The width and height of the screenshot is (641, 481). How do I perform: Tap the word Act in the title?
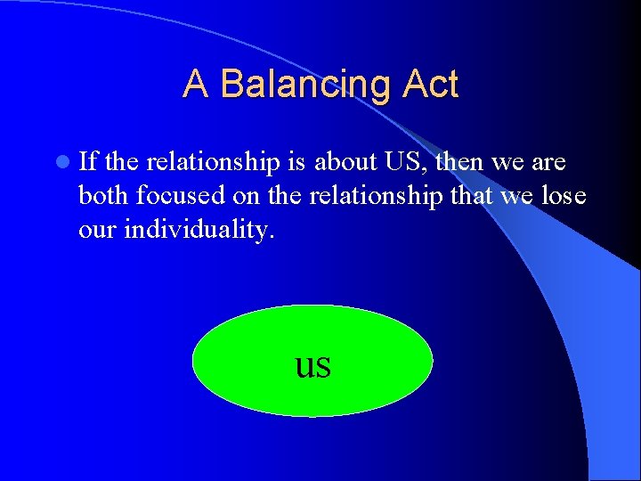tap(430, 85)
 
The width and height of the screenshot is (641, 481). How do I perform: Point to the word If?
tap(89, 162)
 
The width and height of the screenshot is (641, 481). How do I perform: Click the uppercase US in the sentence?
tap(403, 162)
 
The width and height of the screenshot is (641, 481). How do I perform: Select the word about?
tap(343, 162)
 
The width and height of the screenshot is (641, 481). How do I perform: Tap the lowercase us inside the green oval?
tap(312, 364)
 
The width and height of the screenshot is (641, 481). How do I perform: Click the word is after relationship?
tap(296, 162)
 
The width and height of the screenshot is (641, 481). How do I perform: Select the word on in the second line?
tap(260, 196)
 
